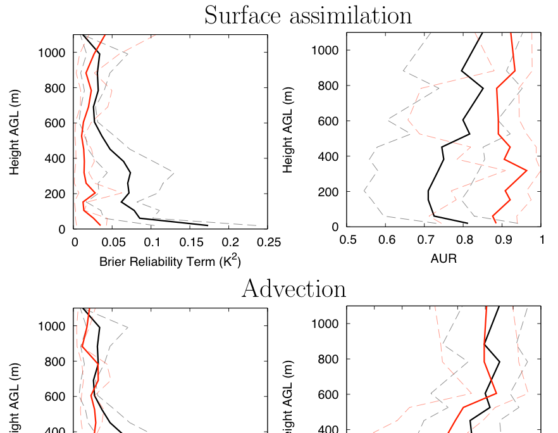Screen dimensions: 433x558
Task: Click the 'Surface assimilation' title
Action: tap(307, 15)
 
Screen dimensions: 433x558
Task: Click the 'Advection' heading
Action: tap(294, 289)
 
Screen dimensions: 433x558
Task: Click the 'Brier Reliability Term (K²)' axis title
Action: tap(170, 261)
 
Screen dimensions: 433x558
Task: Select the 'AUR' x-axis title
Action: tap(443, 258)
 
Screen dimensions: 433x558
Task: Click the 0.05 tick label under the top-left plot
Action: tap(113, 242)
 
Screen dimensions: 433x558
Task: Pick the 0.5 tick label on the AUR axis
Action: tap(347, 240)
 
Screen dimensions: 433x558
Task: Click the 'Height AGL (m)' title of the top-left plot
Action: tap(15, 132)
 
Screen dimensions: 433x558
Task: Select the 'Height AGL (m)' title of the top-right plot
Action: tap(288, 129)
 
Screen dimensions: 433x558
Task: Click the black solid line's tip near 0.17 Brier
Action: tap(208, 225)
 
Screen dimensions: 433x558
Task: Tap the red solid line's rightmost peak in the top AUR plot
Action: tap(526, 170)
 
